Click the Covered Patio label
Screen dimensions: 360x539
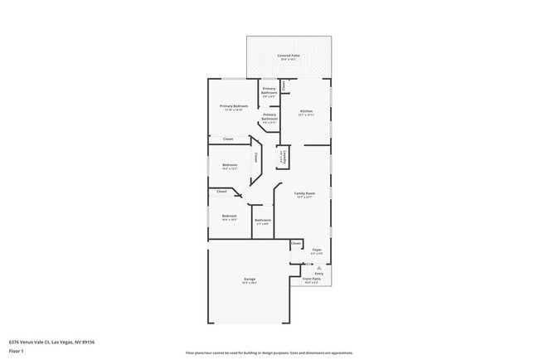[289, 56]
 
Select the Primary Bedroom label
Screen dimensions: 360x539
[234, 106]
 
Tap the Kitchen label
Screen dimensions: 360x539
[306, 111]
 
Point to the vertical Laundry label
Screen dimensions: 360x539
[282, 156]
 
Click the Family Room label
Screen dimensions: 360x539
[304, 193]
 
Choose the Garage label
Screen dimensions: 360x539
[249, 279]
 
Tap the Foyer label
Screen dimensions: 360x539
[317, 249]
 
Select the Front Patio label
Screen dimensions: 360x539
[312, 279]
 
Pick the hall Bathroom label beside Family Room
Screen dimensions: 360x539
[263, 220]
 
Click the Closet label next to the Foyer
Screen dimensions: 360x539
[296, 243]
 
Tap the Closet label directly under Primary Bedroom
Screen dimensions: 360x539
[228, 139]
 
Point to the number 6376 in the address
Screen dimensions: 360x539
[15, 341]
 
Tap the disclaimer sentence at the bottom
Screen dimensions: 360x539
[269, 353]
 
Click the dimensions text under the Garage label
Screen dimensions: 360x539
[249, 283]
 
